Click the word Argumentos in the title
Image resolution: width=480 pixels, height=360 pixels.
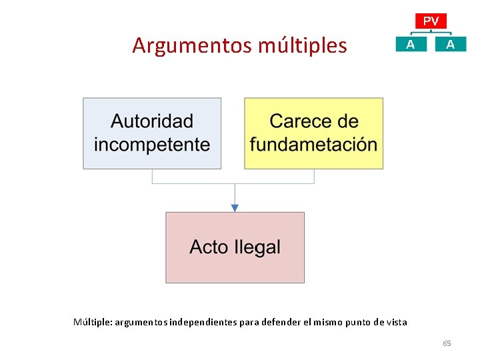(x=186, y=45)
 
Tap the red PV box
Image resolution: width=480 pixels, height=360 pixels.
(x=431, y=21)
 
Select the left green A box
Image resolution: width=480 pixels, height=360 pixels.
(x=410, y=44)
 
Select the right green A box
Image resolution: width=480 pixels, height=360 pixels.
(x=451, y=44)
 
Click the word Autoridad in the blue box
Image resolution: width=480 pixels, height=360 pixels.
(x=152, y=121)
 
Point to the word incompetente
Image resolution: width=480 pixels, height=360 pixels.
(x=152, y=145)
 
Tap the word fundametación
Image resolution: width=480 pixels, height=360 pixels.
(x=313, y=145)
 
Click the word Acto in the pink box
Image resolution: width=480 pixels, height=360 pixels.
(x=209, y=247)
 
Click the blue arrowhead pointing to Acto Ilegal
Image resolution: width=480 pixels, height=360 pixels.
(x=235, y=208)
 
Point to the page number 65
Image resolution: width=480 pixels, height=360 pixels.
(x=447, y=343)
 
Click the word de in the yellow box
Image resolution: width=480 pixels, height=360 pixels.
(x=348, y=121)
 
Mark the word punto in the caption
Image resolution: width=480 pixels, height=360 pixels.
(x=358, y=322)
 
